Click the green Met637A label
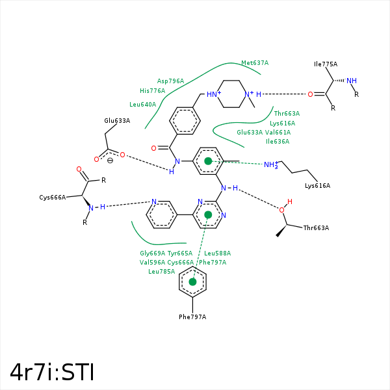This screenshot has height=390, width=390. (255, 63)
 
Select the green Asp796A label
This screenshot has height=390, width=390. (170, 81)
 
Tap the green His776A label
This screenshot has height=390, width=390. (152, 91)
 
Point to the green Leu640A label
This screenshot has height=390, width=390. (142, 105)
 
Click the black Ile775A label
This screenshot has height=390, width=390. (326, 64)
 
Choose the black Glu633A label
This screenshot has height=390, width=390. (117, 121)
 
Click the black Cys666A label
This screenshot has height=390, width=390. (53, 197)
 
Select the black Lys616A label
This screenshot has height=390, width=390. (317, 186)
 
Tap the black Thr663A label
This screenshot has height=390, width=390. (316, 228)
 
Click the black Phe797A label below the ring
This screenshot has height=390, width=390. (192, 317)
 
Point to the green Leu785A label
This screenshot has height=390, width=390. (162, 272)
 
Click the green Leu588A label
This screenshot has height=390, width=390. (218, 253)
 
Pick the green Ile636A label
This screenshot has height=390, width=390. (278, 141)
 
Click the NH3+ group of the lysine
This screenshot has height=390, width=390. (270, 165)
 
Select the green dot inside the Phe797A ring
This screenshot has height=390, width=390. (192, 282)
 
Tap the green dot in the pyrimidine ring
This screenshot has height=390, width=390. (208, 214)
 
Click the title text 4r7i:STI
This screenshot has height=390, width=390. (52, 372)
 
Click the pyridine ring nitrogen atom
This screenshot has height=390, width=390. (153, 202)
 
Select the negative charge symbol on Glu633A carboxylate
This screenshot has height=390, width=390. (110, 161)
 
